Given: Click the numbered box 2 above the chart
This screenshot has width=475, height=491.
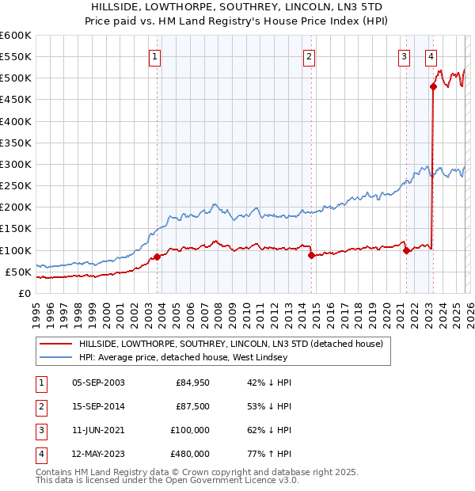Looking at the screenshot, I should [308, 56].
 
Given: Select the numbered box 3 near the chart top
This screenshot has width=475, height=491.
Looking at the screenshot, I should [404, 56].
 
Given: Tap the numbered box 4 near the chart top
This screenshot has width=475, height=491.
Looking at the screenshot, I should [431, 56].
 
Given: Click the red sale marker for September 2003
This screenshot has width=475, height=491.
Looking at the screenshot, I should [157, 257].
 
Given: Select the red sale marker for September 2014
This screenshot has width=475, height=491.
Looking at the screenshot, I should [311, 255].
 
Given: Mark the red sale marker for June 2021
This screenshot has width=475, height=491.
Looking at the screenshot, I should [406, 250].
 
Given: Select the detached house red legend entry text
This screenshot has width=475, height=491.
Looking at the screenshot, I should [230, 344].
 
